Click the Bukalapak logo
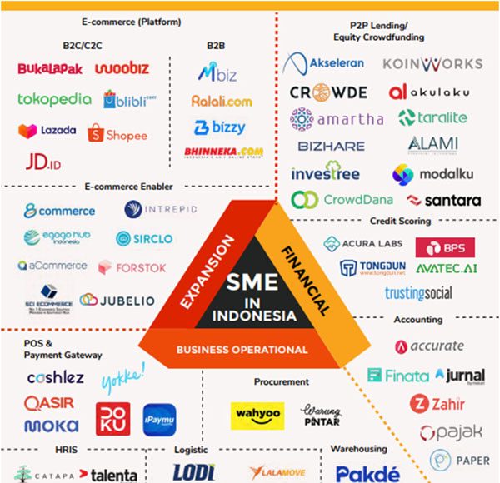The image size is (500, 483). [50, 68]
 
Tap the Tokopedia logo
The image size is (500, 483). [54, 99]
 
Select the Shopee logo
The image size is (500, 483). [117, 134]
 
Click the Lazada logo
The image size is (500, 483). [47, 131]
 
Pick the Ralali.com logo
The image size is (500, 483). [221, 101]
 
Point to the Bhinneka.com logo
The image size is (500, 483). [223, 153]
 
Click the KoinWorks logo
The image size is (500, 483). [432, 63]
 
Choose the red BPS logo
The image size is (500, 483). [445, 247]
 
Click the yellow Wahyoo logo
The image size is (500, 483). [257, 414]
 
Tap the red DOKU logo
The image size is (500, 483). [112, 419]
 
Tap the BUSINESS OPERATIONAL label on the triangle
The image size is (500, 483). [242, 350]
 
